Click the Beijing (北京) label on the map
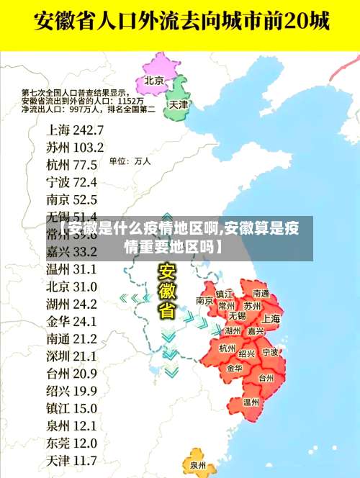pyautogui.click(x=154, y=80)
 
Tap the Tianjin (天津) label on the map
pyautogui.click(x=178, y=104)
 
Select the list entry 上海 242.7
pyautogui.click(x=75, y=130)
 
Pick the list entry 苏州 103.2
pyautogui.click(x=75, y=147)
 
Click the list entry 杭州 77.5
pyautogui.click(x=71, y=164)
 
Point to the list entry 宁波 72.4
pyautogui.click(x=71, y=181)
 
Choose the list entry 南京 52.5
pyautogui.click(x=71, y=199)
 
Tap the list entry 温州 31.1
pyautogui.click(x=71, y=269)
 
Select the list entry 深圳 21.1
pyautogui.click(x=71, y=356)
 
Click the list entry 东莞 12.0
pyautogui.click(x=71, y=442)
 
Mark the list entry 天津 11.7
pyautogui.click(x=71, y=459)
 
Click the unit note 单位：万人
pyautogui.click(x=130, y=161)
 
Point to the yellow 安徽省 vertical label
pyautogui.click(x=166, y=291)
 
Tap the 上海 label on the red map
pyautogui.click(x=271, y=318)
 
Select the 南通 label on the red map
pyautogui.click(x=260, y=294)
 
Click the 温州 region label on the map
pyautogui.click(x=251, y=402)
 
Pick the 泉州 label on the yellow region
pyautogui.click(x=198, y=465)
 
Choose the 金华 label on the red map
pyautogui.click(x=234, y=368)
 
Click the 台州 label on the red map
pyautogui.click(x=266, y=377)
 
